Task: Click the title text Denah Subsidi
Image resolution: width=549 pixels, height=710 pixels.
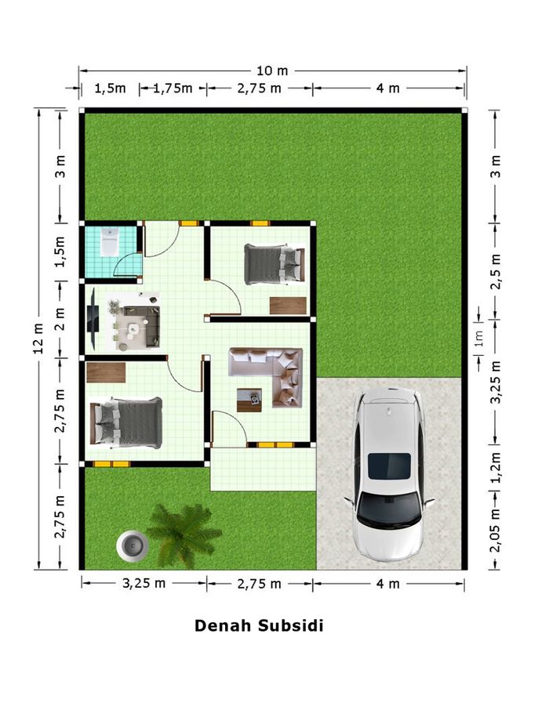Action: [x=259, y=625]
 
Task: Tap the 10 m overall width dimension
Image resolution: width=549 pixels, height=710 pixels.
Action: [x=272, y=71]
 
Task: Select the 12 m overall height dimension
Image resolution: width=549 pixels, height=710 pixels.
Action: [x=38, y=339]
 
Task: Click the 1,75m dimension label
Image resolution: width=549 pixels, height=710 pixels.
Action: [x=173, y=88]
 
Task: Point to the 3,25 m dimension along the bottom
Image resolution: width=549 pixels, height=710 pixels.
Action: [x=144, y=583]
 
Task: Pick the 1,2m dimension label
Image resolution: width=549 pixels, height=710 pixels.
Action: [x=496, y=467]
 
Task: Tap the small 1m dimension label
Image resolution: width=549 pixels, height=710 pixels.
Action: [x=479, y=338]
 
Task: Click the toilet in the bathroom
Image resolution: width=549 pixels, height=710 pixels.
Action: [x=109, y=242]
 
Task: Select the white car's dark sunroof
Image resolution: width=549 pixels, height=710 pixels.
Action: [x=389, y=466]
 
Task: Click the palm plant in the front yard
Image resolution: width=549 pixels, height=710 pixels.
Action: [x=184, y=534]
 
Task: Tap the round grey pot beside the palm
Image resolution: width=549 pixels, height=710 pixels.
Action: [x=133, y=545]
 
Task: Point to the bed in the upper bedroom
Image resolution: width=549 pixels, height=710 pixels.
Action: [x=274, y=264]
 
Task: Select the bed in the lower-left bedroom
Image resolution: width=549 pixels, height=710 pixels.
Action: [x=126, y=423]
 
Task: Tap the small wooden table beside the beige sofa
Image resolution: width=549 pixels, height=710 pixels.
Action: [x=249, y=400]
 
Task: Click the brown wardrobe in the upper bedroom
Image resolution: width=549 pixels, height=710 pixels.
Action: [x=288, y=306]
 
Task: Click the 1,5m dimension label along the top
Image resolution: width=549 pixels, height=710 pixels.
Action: [x=110, y=88]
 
